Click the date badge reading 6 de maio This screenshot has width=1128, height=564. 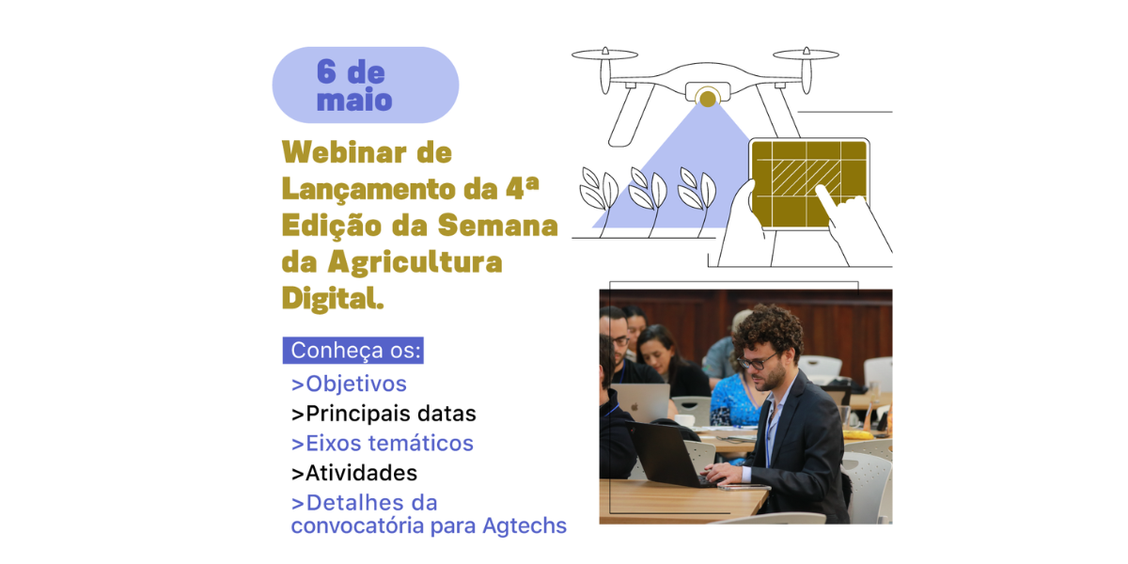(x=365, y=86)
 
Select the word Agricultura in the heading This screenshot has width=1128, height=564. (x=415, y=263)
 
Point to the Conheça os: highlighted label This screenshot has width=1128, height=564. (x=353, y=350)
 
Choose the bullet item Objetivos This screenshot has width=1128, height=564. (x=349, y=384)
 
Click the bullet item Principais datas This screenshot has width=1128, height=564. (x=384, y=414)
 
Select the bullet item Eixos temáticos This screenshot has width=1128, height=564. (x=383, y=443)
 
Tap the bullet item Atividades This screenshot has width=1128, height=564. (x=354, y=473)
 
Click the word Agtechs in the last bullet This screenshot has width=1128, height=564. (x=525, y=526)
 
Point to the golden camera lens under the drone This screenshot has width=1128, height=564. (x=708, y=98)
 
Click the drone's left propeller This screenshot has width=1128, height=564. (x=604, y=55)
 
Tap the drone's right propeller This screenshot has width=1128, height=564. (x=807, y=55)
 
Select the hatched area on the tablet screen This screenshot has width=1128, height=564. (x=806, y=178)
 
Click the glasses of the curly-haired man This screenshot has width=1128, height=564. (x=757, y=361)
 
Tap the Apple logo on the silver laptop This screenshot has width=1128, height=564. (x=635, y=406)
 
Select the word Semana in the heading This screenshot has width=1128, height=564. (x=497, y=226)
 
